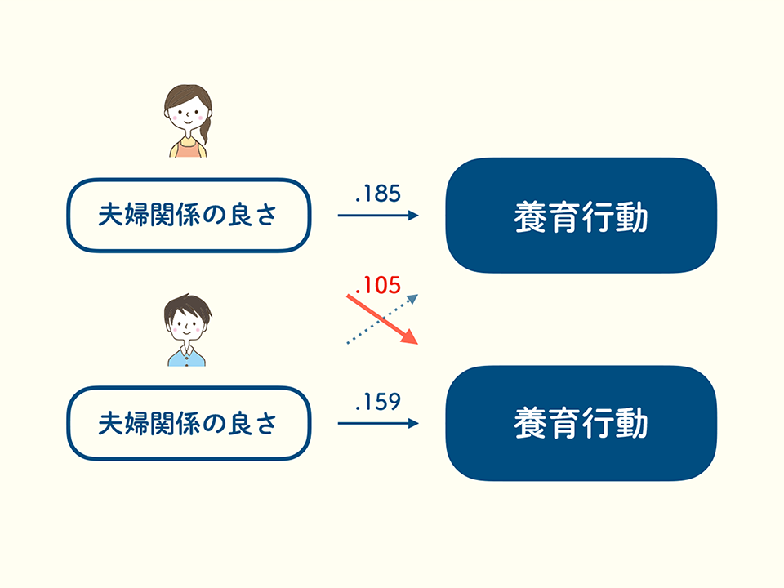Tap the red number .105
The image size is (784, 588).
pos(378,285)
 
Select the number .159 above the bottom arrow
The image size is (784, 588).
pos(378,403)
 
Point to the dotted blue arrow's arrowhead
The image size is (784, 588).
pos(413,299)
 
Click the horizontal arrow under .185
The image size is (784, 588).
pos(378,216)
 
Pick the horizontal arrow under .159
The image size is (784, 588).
pos(378,423)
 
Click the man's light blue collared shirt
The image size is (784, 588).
pos(187,356)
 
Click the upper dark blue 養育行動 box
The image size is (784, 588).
pos(581,216)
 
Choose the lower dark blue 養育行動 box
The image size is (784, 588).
pos(581,423)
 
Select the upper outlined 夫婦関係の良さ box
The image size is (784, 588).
pos(188,216)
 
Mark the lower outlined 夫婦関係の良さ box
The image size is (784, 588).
pos(188,423)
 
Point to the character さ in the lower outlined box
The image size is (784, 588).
pos(265,423)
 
